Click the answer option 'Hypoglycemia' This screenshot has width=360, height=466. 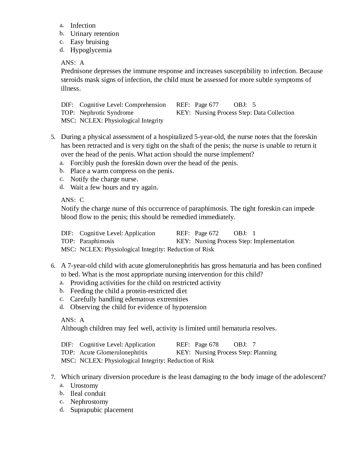91,50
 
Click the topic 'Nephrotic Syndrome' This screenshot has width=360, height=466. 106,113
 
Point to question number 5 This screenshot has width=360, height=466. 53,137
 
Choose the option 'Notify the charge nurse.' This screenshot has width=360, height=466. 104,179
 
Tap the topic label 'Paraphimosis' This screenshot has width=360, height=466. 97,241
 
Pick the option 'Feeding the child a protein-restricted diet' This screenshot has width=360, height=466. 128,291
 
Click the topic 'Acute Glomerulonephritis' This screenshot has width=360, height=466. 113,352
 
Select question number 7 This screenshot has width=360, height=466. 53,377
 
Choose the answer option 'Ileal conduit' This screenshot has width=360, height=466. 88,393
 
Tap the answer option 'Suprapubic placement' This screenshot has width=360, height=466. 102,410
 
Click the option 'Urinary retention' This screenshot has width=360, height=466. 95,34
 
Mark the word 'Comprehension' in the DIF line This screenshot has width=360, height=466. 145,105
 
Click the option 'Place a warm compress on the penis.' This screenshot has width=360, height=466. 122,171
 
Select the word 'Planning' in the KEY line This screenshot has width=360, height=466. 265,352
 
